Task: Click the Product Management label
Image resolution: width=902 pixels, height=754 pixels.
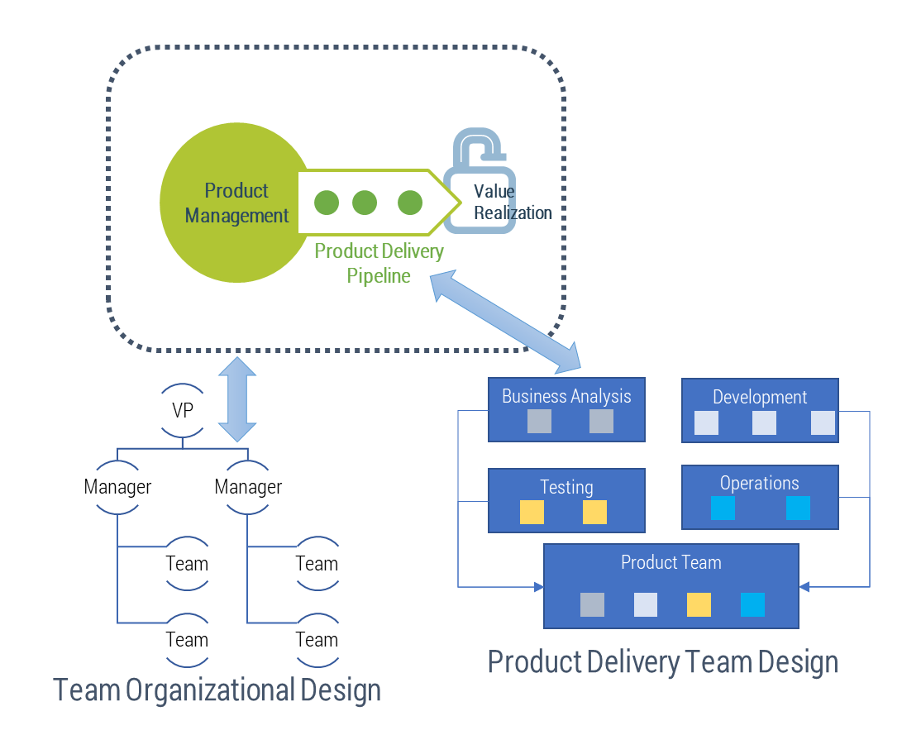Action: coord(237,203)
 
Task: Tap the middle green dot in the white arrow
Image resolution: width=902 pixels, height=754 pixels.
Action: coord(364,203)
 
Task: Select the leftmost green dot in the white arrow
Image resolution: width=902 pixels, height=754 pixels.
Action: coord(327,203)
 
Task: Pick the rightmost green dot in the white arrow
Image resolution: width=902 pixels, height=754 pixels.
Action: coord(410,203)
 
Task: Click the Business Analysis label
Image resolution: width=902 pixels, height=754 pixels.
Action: coord(566,396)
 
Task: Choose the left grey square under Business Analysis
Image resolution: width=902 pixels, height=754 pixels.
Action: coord(539,422)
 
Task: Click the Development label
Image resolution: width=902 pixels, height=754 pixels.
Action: coord(760,397)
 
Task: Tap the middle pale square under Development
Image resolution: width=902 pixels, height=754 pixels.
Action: coord(764,423)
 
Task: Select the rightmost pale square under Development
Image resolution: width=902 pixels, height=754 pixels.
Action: coord(823,423)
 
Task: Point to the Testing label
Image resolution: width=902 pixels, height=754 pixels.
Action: coord(566,487)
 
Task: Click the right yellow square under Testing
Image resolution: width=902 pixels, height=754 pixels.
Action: coord(594,513)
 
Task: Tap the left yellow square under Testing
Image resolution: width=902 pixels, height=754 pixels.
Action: coord(532,513)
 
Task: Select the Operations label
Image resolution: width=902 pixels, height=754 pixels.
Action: coord(759,483)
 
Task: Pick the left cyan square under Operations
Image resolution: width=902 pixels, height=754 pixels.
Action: coord(723,508)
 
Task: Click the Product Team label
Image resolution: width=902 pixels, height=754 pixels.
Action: coord(671,562)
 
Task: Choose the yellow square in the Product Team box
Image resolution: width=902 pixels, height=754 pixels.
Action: coord(699,604)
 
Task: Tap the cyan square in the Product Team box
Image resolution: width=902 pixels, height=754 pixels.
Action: coord(752,604)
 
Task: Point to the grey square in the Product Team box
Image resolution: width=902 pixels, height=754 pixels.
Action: coord(592,604)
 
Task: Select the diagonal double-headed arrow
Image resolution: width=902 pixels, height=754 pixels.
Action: coord(507,322)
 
